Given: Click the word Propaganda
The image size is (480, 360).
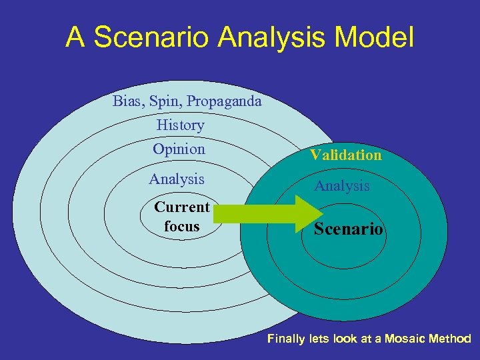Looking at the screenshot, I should [225, 102].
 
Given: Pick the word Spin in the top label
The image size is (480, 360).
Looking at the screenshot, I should [166, 102].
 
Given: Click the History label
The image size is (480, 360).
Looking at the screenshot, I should [180, 125].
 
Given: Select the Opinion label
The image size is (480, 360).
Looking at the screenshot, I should [179, 149].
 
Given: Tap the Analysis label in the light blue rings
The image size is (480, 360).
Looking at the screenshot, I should [176, 179].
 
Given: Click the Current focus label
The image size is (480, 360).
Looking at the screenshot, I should [182, 217].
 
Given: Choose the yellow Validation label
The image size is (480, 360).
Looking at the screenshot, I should [345, 155].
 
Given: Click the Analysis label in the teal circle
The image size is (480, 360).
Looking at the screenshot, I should [341, 186].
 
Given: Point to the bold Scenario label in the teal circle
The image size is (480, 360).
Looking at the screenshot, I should [349, 229].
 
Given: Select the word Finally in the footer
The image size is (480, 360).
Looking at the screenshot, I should [287, 339].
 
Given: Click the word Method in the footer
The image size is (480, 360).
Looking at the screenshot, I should [451, 339].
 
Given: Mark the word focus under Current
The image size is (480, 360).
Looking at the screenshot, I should [182, 227].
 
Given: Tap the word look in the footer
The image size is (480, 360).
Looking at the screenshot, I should [345, 339].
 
